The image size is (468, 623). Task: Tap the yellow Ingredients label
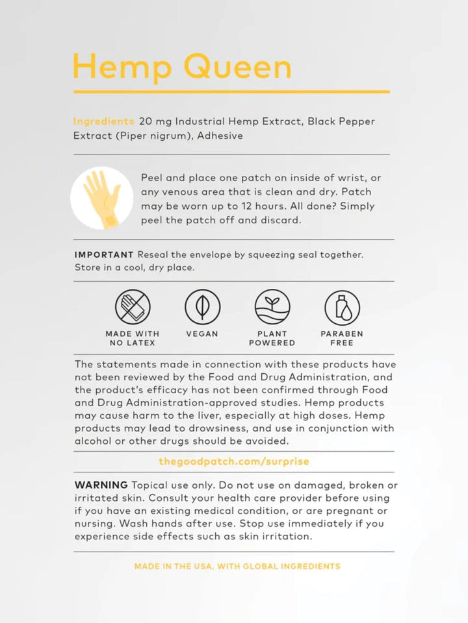pos(103,121)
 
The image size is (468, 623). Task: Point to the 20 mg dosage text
pos(155,121)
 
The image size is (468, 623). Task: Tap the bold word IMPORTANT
pos(104,255)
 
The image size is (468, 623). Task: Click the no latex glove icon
pos(133,307)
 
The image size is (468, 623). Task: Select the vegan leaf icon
pos(202,307)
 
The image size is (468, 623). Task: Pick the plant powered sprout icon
pos(272,307)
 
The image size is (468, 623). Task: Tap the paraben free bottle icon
pos(342,307)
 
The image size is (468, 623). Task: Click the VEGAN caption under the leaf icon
pos(202,334)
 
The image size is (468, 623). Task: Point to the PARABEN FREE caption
pos(342,338)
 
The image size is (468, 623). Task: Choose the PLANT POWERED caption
pos(272,338)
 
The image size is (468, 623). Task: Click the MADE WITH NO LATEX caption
pos(133,338)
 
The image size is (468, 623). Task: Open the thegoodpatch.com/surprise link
pos(234,462)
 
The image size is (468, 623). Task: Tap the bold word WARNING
pos(101,485)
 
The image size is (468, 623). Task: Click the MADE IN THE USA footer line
pos(237,567)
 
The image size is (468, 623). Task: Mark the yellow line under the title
pos(231,92)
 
